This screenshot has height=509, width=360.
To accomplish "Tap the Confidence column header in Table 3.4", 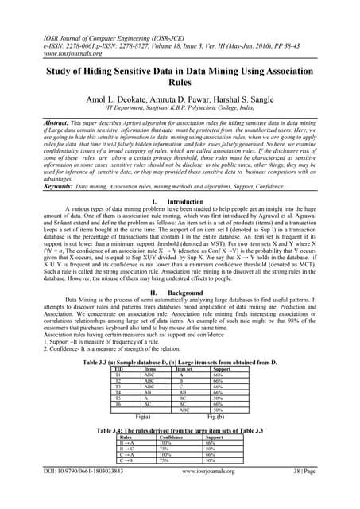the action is click(x=172, y=437).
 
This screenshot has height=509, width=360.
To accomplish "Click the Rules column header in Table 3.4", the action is click(x=126, y=437).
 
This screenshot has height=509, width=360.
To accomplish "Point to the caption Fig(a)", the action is click(x=145, y=417).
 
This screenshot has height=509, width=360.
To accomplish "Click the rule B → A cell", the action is click(x=126, y=443).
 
